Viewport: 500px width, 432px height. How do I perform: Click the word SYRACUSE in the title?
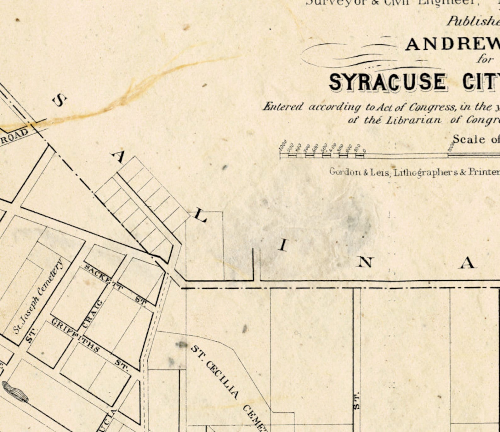[x=387, y=82]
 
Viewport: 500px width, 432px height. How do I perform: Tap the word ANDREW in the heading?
[x=452, y=44]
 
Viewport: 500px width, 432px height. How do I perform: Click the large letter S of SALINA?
[x=60, y=100]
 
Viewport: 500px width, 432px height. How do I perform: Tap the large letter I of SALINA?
[x=283, y=245]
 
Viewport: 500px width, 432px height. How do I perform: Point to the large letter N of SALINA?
[x=365, y=262]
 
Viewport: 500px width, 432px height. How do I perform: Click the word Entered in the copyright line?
[x=283, y=107]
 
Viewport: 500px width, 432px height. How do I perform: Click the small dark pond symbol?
[x=15, y=391]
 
